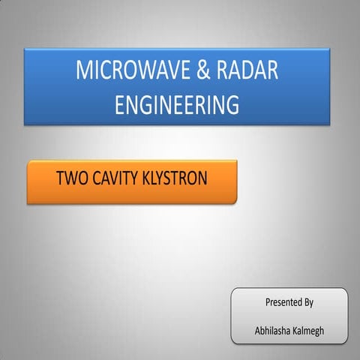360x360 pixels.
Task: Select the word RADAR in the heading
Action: (x=247, y=71)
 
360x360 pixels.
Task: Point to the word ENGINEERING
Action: (x=177, y=104)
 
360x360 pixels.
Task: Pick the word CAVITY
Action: (x=116, y=180)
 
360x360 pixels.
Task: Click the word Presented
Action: (x=282, y=303)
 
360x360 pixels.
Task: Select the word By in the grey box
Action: (x=307, y=303)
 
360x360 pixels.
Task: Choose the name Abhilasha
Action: (x=273, y=330)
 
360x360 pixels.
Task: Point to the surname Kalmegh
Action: (x=308, y=330)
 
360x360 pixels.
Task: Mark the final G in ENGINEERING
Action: (x=232, y=104)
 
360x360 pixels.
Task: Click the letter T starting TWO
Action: (x=60, y=180)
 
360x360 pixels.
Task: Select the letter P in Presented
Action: (x=268, y=303)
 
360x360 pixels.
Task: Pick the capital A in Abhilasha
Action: (x=257, y=330)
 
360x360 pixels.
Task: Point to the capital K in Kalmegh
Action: (x=295, y=330)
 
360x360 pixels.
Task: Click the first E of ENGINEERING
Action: (x=119, y=104)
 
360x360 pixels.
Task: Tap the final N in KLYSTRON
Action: (x=201, y=180)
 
